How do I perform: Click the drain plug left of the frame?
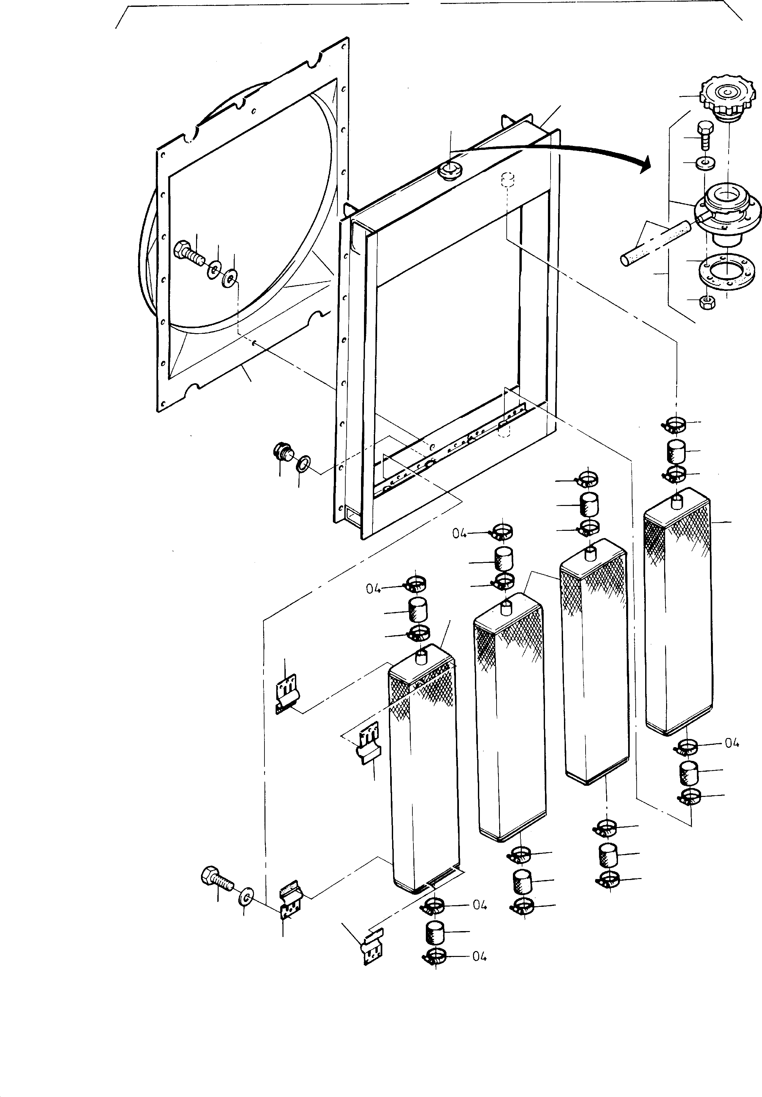[x=283, y=452]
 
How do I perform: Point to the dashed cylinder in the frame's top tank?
[x=507, y=180]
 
